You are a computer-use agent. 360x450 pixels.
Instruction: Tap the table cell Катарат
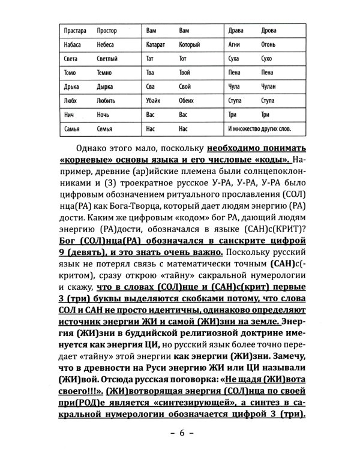[x=155, y=44]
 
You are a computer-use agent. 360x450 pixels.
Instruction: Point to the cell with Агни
[x=235, y=44]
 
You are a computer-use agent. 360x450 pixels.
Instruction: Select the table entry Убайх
[x=154, y=100]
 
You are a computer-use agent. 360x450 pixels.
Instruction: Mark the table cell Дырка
[x=71, y=86]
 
